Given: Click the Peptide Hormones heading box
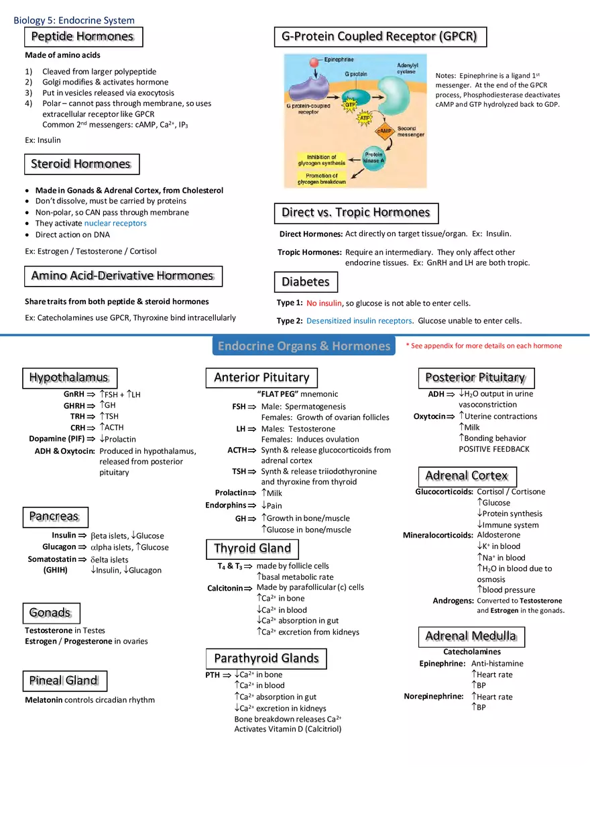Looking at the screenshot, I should pos(82,36).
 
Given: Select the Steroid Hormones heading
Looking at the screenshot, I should pos(81,164).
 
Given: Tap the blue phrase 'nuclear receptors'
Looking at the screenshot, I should pos(115,223).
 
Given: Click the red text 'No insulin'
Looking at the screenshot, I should pos(324,303).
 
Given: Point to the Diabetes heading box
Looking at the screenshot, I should pos(305,282).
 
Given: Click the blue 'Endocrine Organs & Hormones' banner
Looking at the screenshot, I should pos(304,346).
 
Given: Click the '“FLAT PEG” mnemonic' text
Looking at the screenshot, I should pos(298,394).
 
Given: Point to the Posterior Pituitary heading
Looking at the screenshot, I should pos(475,378).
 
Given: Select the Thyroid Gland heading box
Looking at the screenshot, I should pos(252,548).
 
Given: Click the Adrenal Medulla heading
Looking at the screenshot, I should pos(471,636).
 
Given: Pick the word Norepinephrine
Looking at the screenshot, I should pos(434,696).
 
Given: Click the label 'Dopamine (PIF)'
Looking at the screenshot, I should pos(57,439).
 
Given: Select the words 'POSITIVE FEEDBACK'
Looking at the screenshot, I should pos(494,449).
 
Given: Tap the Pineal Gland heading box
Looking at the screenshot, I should pos(63,681).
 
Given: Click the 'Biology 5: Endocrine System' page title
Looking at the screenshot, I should pos(74,21).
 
